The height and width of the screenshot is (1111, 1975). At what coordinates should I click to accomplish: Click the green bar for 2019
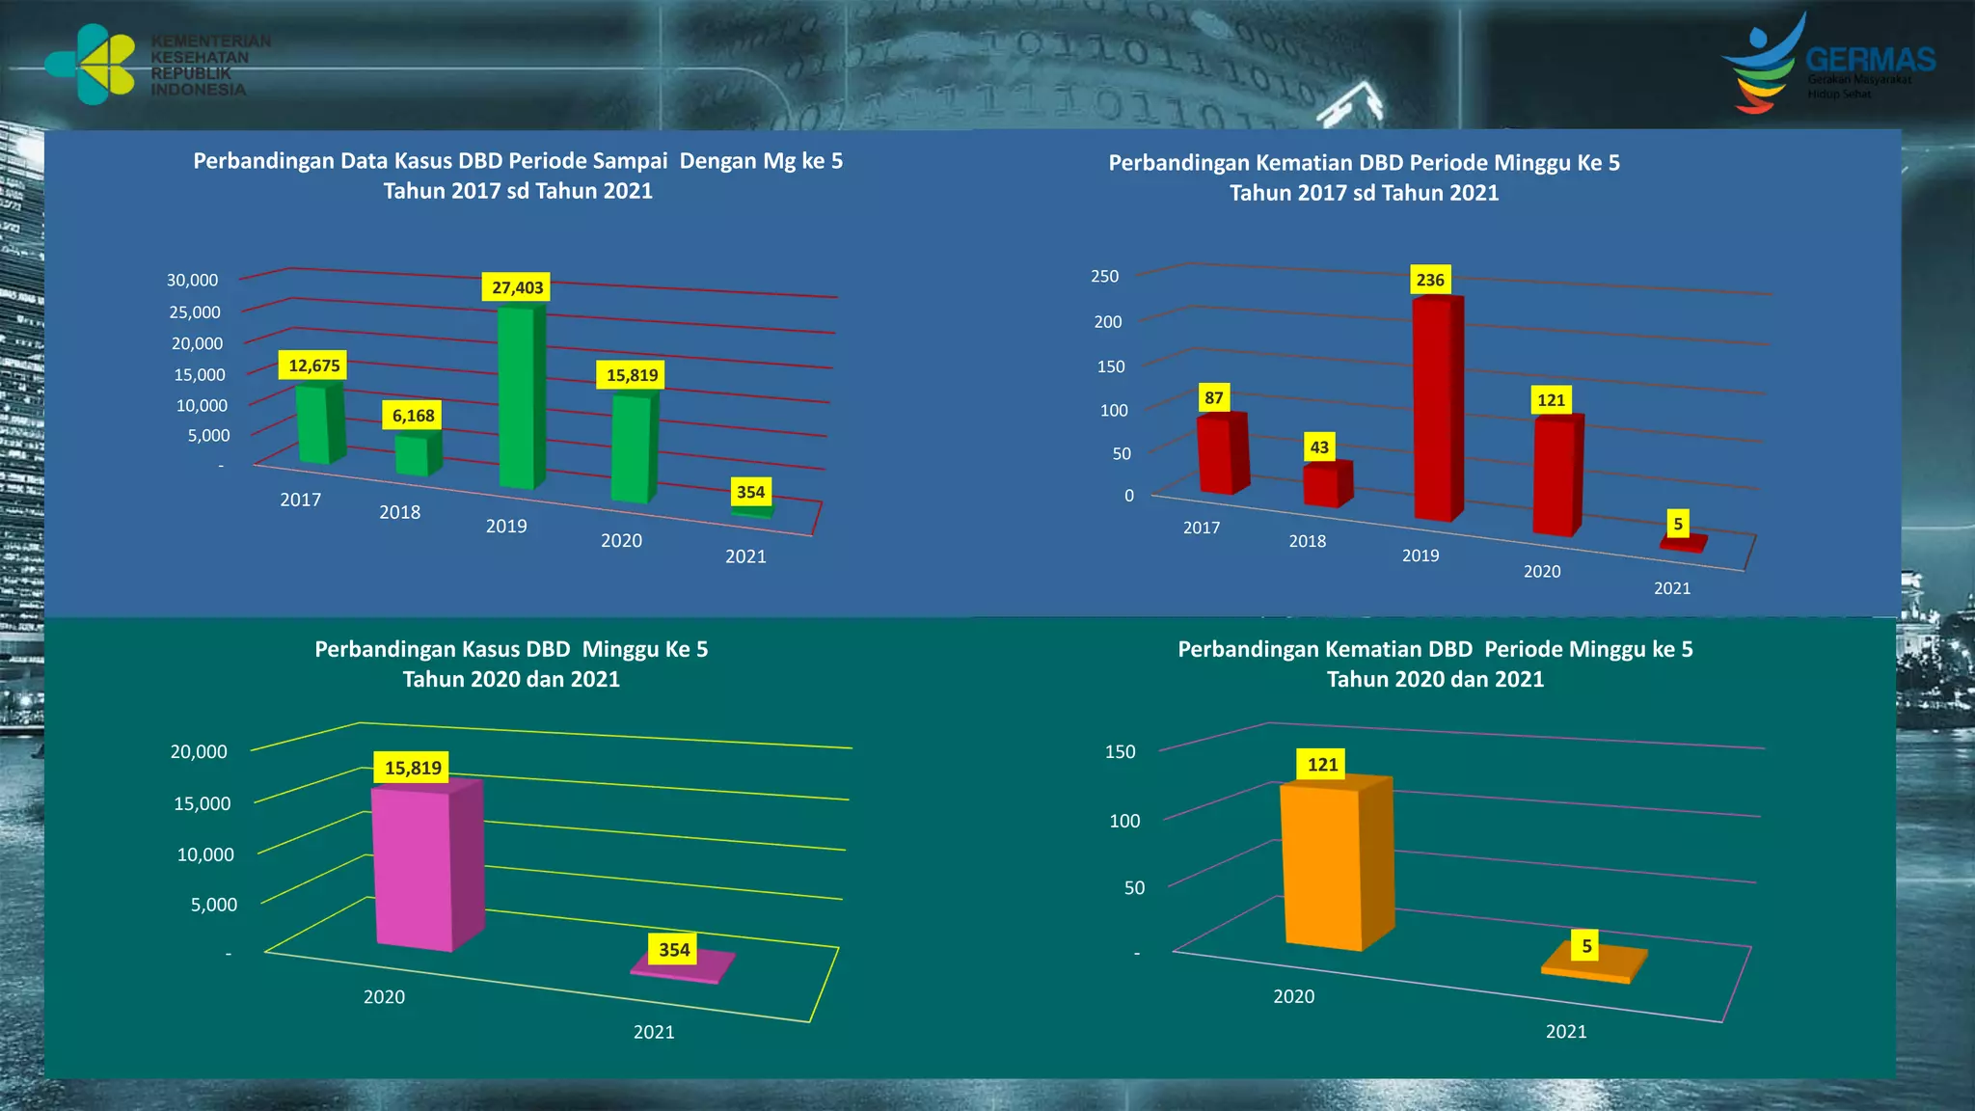[x=519, y=397]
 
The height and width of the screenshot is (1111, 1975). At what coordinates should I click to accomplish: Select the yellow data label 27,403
[x=517, y=287]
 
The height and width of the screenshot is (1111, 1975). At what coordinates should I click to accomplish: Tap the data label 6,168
[x=413, y=416]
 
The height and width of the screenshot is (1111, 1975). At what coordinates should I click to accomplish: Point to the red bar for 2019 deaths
[x=1434, y=410]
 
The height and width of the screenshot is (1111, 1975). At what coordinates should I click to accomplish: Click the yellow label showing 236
[x=1429, y=280]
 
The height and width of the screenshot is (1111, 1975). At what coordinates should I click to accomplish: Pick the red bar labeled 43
[x=1323, y=485]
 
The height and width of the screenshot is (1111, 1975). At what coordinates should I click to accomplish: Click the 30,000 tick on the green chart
[x=193, y=280]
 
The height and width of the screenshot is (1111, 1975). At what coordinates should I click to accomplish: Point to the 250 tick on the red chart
[x=1105, y=276]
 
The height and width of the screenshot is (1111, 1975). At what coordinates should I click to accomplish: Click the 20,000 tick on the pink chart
[x=200, y=751]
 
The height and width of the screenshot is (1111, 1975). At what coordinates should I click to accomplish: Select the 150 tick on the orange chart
[x=1121, y=751]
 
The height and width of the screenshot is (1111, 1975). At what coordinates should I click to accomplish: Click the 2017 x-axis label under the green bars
[x=300, y=500]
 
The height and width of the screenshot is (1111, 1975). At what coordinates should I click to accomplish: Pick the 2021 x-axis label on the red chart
[x=1671, y=588]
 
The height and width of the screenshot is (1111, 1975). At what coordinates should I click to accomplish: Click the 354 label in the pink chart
[x=674, y=950]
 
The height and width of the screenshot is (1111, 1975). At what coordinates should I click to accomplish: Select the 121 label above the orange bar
[x=1322, y=765]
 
